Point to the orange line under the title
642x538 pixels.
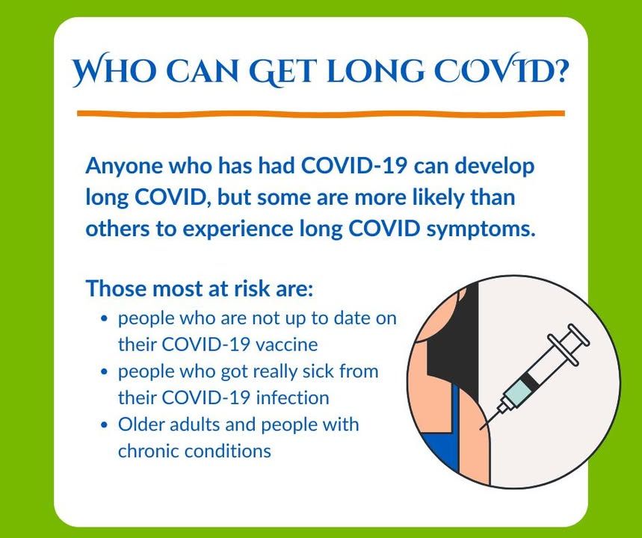321,114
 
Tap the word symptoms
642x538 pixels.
481,229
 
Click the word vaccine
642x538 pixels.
286,344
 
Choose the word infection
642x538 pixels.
292,398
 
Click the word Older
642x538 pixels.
141,424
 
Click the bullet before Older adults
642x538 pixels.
105,425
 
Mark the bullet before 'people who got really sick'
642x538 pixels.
105,372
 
